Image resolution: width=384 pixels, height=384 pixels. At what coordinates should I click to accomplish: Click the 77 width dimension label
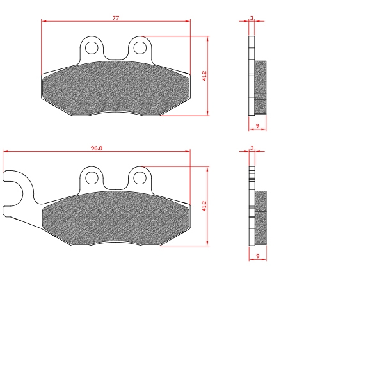116,18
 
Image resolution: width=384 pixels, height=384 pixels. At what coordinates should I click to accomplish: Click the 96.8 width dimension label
97,148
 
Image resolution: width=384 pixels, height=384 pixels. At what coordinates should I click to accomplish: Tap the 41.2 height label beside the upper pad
204,76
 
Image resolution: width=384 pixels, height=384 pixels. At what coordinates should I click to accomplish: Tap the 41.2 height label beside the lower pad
204,206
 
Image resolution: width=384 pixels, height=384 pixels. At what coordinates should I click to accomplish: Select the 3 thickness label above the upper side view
252,18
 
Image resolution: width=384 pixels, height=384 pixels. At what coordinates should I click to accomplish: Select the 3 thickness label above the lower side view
252,148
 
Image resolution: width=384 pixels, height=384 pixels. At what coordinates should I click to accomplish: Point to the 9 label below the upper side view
257,126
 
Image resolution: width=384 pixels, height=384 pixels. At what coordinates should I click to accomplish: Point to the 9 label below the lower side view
258,256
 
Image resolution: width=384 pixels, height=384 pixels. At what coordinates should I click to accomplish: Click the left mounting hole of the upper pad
92,48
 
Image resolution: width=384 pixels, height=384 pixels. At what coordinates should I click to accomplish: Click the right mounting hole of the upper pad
140,48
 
